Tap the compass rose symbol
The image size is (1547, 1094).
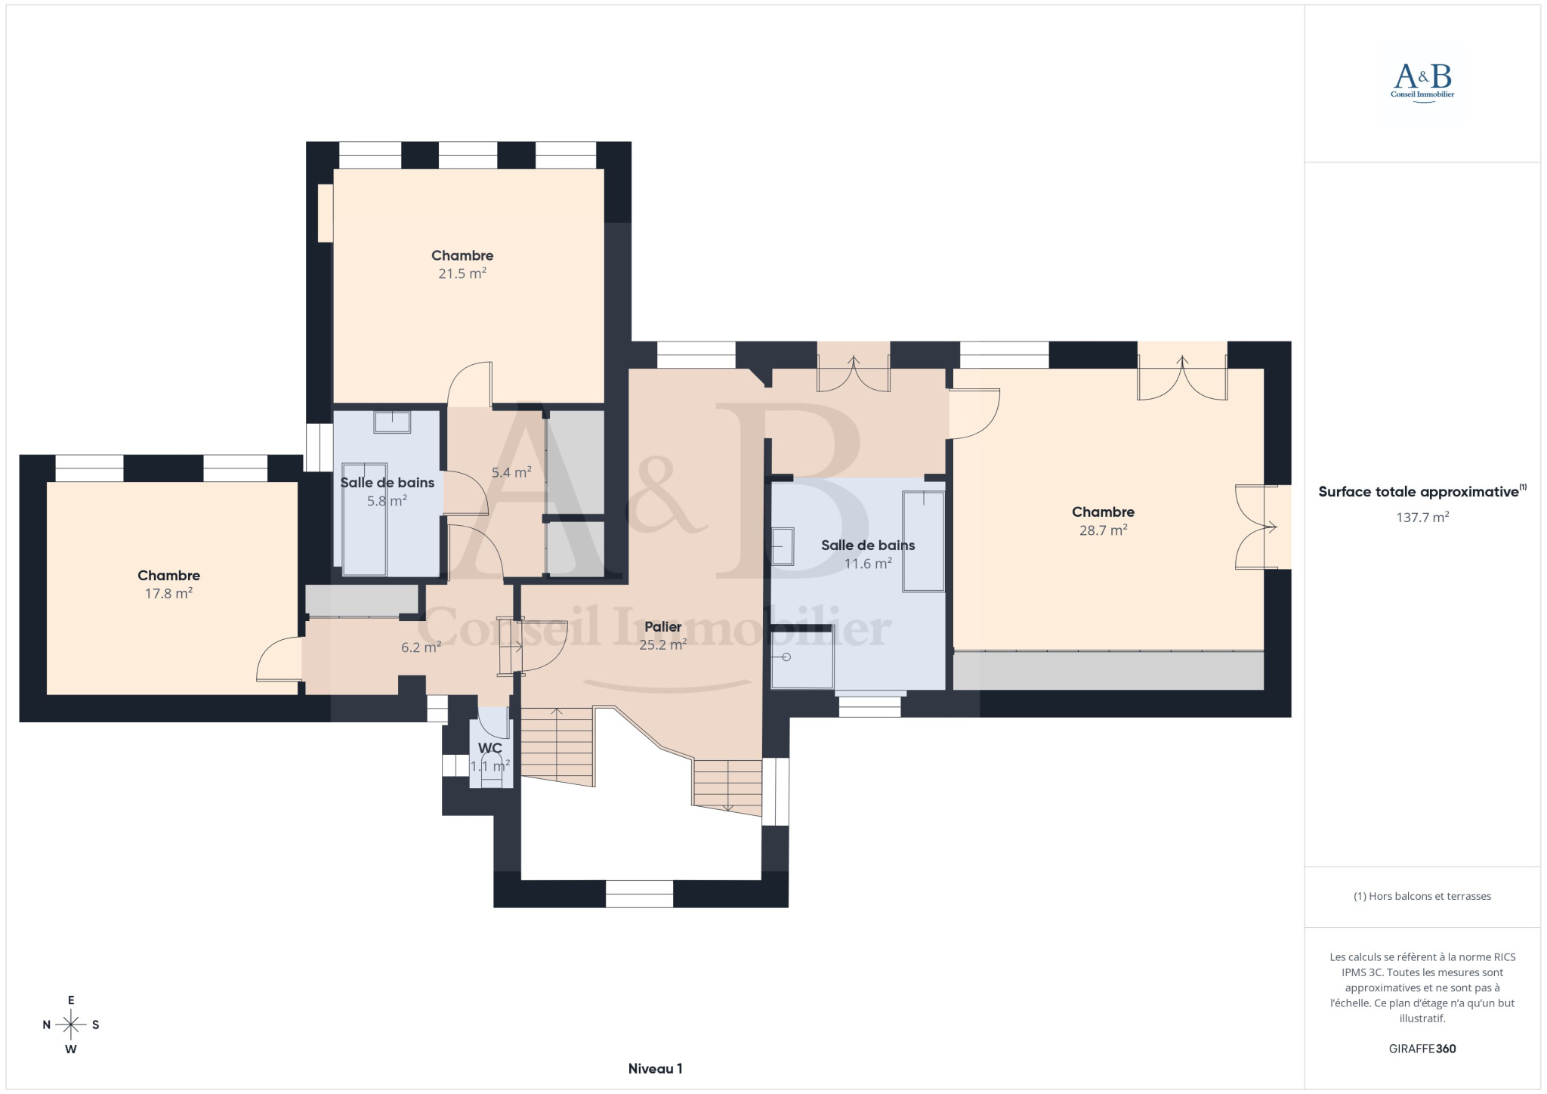[x=71, y=1024]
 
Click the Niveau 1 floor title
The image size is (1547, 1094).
[x=655, y=1068]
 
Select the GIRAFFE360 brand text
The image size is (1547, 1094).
[x=1422, y=1049]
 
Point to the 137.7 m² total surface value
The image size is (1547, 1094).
[x=1422, y=518]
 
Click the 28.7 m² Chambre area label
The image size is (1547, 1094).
[x=1103, y=530]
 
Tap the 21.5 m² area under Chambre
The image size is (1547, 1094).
[x=462, y=273]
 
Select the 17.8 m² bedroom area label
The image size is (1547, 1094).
[x=168, y=594]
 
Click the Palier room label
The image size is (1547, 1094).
[x=663, y=626]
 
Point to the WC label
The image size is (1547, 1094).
[x=490, y=748]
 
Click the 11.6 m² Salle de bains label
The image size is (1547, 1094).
[x=868, y=564]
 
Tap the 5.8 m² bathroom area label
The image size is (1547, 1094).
[x=388, y=500]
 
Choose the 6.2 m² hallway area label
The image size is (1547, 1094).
[x=421, y=647]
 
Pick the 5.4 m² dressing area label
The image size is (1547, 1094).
[x=511, y=473]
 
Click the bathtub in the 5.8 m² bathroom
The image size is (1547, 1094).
[x=365, y=520]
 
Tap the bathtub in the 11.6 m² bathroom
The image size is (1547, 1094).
[x=923, y=541]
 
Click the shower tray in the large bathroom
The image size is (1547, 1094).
[x=802, y=657]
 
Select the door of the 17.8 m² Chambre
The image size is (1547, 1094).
[x=279, y=659]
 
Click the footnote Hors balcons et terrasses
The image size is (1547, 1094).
[x=1422, y=896]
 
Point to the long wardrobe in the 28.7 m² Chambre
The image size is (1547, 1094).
[x=1108, y=670]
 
